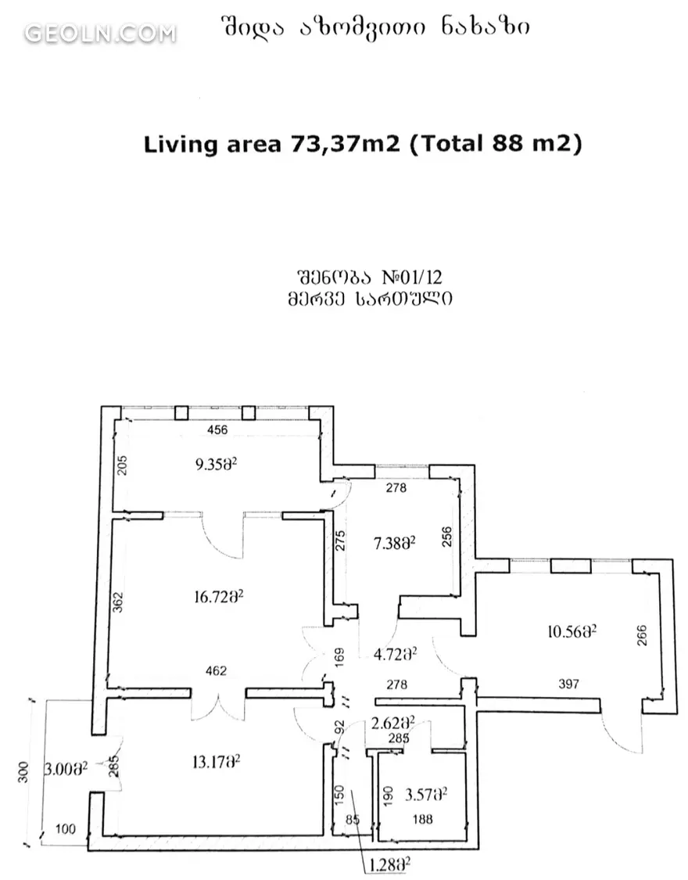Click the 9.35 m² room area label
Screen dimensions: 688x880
click(216, 464)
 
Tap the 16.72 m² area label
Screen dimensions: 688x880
click(218, 596)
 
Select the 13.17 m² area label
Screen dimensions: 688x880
click(216, 762)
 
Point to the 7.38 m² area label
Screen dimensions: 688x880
click(394, 543)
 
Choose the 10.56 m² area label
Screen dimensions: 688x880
click(572, 632)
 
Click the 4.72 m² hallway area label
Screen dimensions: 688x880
click(395, 654)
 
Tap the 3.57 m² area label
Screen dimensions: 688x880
click(425, 794)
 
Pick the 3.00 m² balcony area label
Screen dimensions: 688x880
click(66, 768)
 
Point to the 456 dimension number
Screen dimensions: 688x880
click(217, 430)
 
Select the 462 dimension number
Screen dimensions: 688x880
click(217, 670)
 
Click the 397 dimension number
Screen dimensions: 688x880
click(568, 684)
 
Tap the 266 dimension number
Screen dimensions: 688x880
click(641, 635)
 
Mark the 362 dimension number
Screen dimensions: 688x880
click(118, 602)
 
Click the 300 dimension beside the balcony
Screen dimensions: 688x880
click(23, 772)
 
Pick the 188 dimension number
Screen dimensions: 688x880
click(422, 820)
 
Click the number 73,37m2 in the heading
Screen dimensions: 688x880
click(345, 144)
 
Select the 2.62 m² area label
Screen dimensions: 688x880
click(393, 722)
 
